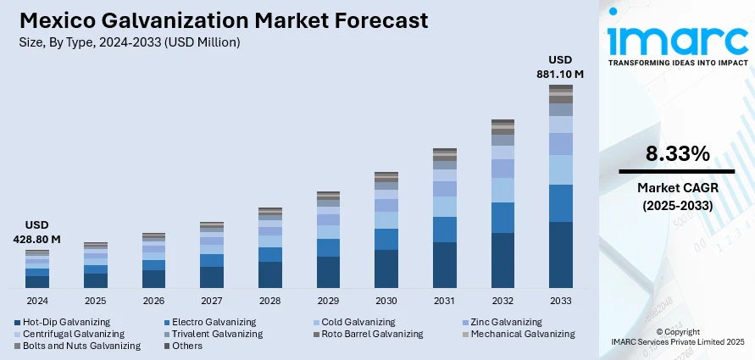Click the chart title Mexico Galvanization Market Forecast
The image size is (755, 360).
point(223,20)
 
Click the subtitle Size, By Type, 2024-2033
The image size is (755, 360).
point(129,42)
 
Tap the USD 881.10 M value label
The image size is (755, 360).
point(560,67)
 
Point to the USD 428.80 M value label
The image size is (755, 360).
point(37,232)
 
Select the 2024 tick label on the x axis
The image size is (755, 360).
point(37,301)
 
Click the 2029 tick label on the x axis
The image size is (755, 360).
point(328,301)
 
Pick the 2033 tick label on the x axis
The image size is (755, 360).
point(560,301)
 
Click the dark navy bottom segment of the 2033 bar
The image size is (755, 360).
point(560,254)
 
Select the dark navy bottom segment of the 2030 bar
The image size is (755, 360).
point(386,269)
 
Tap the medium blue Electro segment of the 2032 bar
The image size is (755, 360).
point(502,218)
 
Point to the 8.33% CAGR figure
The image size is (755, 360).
point(677,153)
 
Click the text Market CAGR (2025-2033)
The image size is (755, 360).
point(677,197)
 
